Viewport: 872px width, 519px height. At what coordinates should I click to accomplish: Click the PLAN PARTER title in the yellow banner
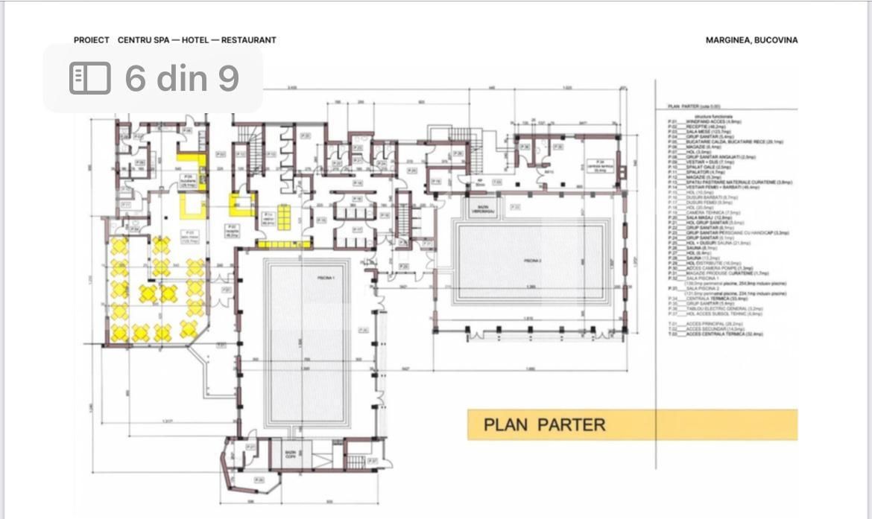pos(544,424)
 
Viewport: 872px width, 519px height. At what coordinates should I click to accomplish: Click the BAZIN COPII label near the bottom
pos(291,453)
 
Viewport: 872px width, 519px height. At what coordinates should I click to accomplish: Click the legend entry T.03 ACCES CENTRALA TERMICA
pos(715,334)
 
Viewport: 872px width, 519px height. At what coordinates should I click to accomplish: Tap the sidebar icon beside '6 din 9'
pos(89,78)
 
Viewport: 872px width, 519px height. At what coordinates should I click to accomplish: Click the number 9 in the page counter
pos(228,78)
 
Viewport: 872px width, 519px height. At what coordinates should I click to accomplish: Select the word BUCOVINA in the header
pos(777,40)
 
